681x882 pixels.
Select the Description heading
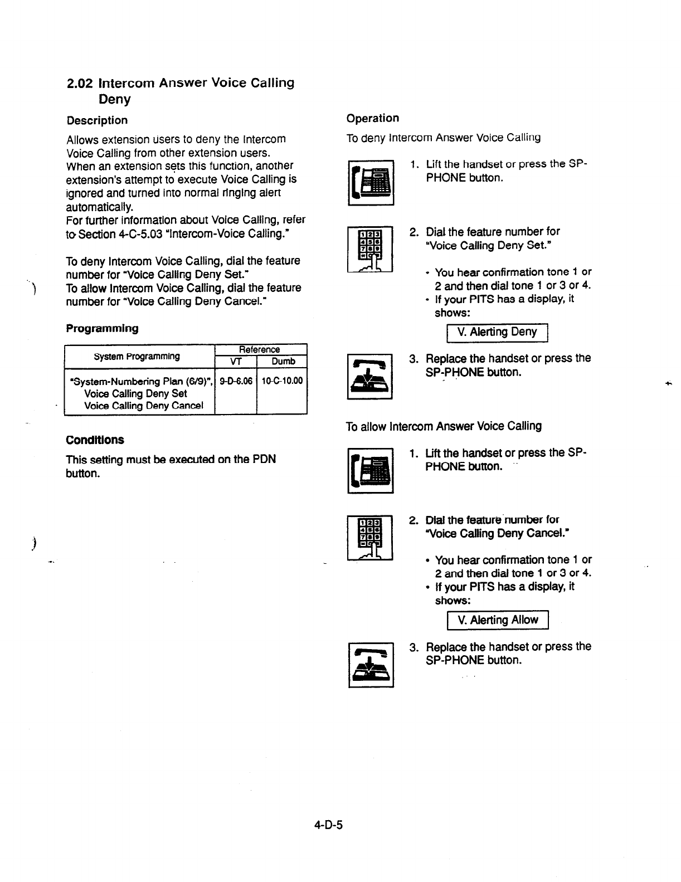(97, 120)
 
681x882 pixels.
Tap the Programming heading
(102, 328)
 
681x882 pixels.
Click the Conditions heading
(95, 440)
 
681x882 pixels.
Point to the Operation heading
(372, 118)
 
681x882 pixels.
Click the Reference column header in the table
(259, 349)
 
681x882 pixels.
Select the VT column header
(235, 361)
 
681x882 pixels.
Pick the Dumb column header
(283, 361)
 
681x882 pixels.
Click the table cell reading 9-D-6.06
(236, 381)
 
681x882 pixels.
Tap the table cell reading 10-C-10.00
(283, 381)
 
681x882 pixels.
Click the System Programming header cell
(137, 356)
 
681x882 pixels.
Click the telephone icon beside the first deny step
(371, 183)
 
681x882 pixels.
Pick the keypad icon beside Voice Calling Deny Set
(370, 250)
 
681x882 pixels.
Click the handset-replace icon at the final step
(371, 665)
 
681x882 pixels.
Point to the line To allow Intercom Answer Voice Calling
(444, 426)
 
